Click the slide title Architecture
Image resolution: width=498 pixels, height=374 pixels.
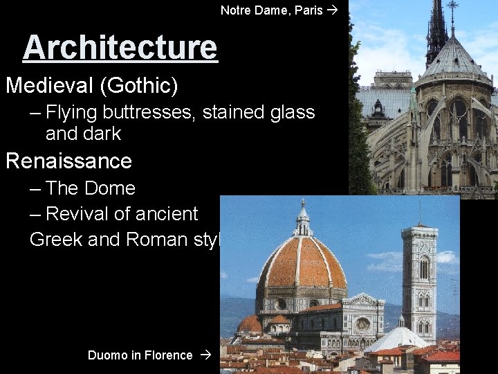click(x=120, y=48)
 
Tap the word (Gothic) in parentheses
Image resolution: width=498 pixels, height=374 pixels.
click(x=139, y=87)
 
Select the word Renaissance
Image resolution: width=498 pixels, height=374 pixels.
click(x=68, y=161)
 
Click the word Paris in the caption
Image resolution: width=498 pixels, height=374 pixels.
click(x=308, y=10)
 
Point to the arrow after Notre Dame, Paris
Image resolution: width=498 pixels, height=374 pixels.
click(x=333, y=10)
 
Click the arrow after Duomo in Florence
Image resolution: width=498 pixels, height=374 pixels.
click(x=204, y=355)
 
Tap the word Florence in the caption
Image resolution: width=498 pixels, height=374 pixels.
click(x=169, y=355)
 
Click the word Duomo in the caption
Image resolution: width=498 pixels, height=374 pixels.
click(x=107, y=355)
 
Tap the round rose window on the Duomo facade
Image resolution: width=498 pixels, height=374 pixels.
click(x=362, y=324)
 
